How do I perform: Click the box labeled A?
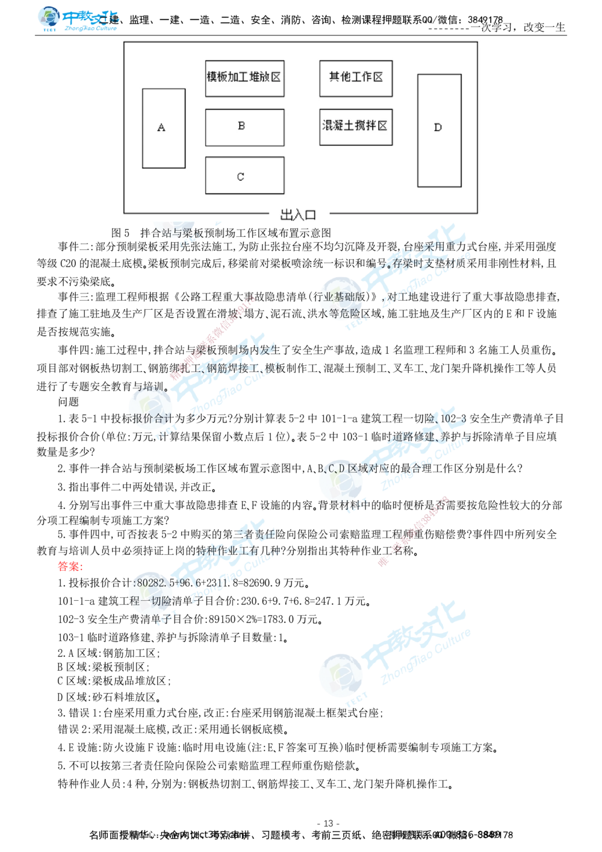(163, 128)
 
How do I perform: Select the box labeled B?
(244, 127)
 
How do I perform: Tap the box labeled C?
(244, 175)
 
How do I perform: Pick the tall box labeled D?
(439, 130)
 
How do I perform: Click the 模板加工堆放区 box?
(244, 78)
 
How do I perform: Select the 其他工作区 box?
(356, 78)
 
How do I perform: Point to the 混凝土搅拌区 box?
(356, 127)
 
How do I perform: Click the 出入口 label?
(298, 215)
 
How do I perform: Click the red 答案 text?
(70, 567)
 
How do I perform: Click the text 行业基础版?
(341, 297)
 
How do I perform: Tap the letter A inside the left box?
(161, 128)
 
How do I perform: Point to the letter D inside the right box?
(438, 127)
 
